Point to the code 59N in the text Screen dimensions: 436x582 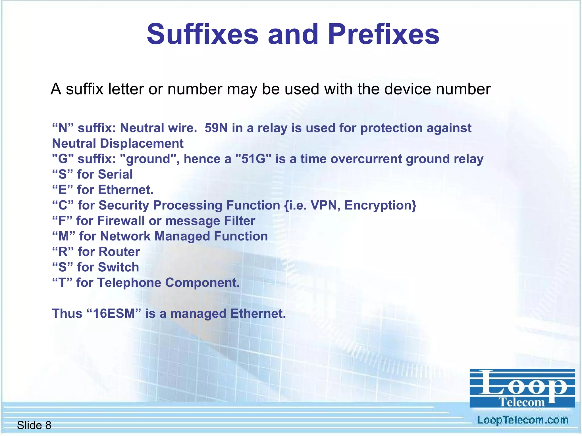click(216, 128)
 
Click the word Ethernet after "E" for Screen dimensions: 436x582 click(126, 190)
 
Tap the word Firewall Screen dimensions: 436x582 click(121, 221)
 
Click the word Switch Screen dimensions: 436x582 click(118, 267)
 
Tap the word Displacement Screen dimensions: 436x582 click(142, 144)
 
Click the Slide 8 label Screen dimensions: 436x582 click(34, 425)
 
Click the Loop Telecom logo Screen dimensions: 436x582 click(522, 388)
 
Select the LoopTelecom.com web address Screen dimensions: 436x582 click(522, 420)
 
